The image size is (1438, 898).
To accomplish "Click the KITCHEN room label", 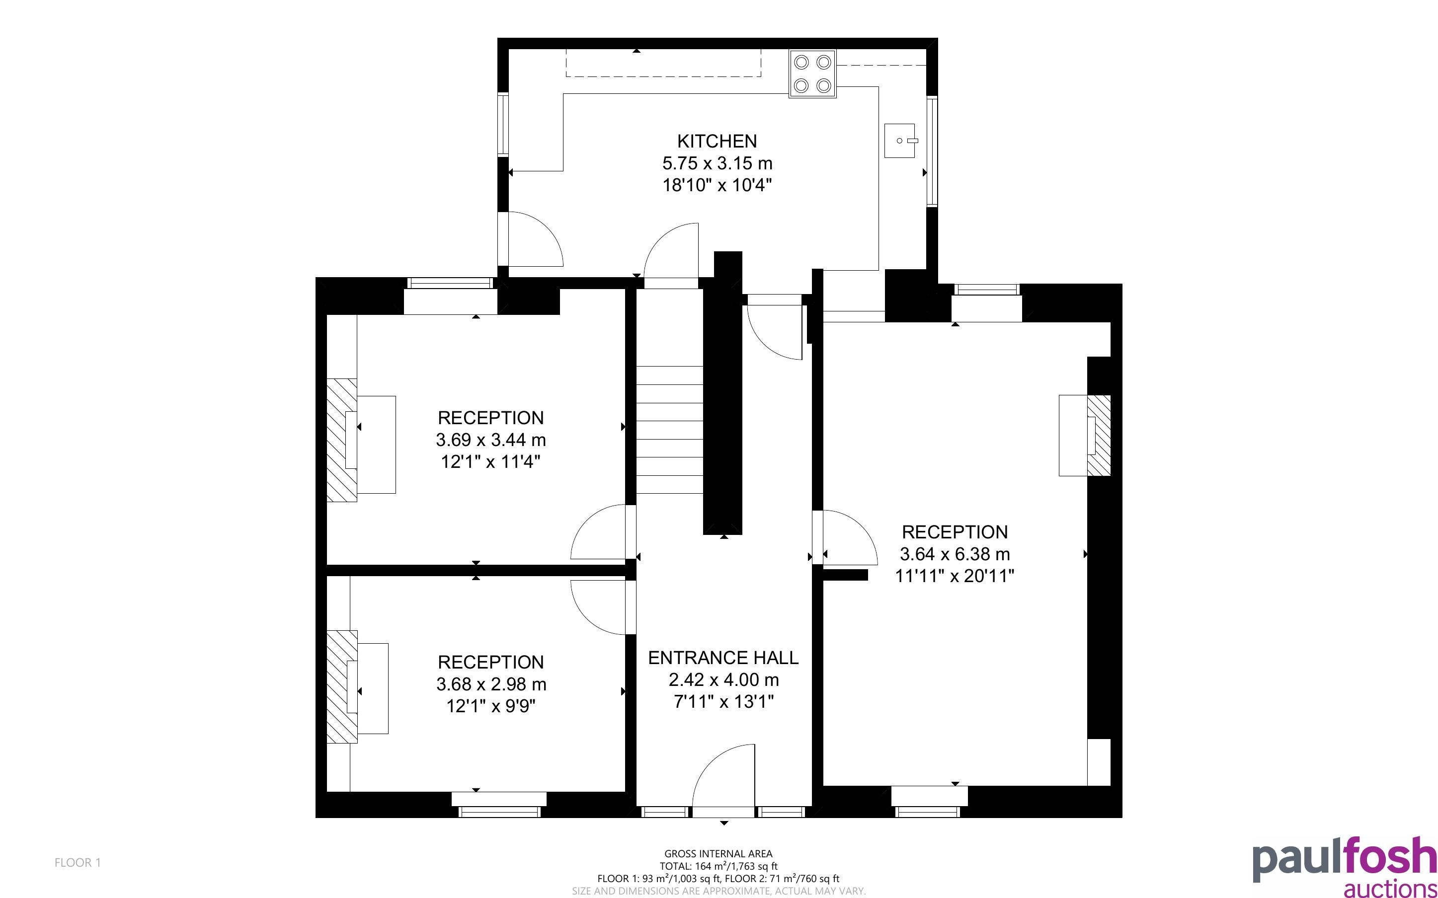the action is (x=717, y=142).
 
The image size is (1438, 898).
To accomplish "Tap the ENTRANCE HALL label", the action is (x=723, y=658).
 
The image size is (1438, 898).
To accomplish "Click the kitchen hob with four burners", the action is (x=812, y=74).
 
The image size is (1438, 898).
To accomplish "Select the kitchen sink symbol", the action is (x=899, y=141).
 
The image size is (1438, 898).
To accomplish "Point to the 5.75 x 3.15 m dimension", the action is (x=717, y=163).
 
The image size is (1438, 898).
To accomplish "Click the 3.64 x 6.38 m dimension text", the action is (x=955, y=554).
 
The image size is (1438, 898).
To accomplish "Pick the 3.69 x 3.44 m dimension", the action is (x=490, y=440).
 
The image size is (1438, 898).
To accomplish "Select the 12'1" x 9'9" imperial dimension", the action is (x=490, y=706).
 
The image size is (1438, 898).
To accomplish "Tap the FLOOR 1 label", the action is (x=78, y=862).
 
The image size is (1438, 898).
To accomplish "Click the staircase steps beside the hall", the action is (x=670, y=430).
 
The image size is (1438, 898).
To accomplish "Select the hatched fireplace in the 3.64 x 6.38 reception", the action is (x=1098, y=435).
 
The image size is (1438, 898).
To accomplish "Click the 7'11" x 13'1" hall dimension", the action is (x=723, y=702).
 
